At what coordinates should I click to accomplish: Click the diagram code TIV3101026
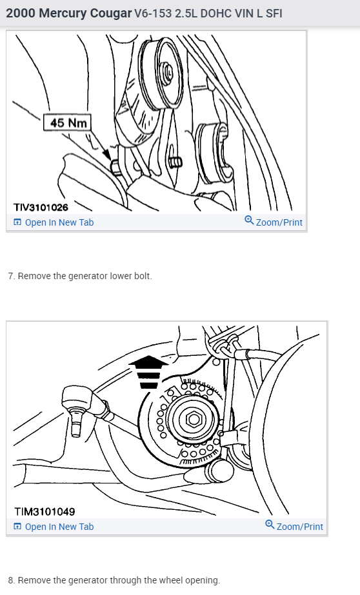(x=41, y=208)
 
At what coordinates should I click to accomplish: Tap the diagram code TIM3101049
(x=45, y=512)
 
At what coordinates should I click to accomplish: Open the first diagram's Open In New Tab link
(x=59, y=222)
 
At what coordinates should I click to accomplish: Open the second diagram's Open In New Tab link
(x=59, y=527)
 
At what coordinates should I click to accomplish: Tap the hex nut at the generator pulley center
(x=192, y=420)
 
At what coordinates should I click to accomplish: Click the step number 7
(x=10, y=276)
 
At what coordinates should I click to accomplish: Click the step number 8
(x=10, y=580)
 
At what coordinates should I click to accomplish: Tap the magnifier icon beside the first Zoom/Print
(x=249, y=221)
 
